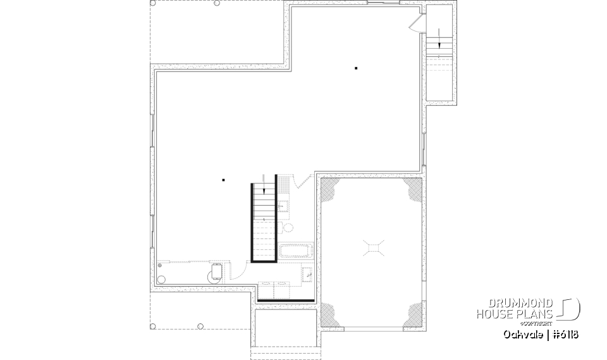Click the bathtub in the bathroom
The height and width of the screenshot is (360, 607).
(295, 251)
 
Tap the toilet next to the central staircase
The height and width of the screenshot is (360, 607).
(288, 228)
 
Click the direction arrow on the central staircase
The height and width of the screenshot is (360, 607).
(264, 188)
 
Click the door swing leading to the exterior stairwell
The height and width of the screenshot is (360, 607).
(415, 23)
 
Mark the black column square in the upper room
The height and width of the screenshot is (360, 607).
(356, 68)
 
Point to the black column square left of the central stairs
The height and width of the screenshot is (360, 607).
(223, 180)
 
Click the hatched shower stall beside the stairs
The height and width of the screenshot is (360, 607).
(285, 186)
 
